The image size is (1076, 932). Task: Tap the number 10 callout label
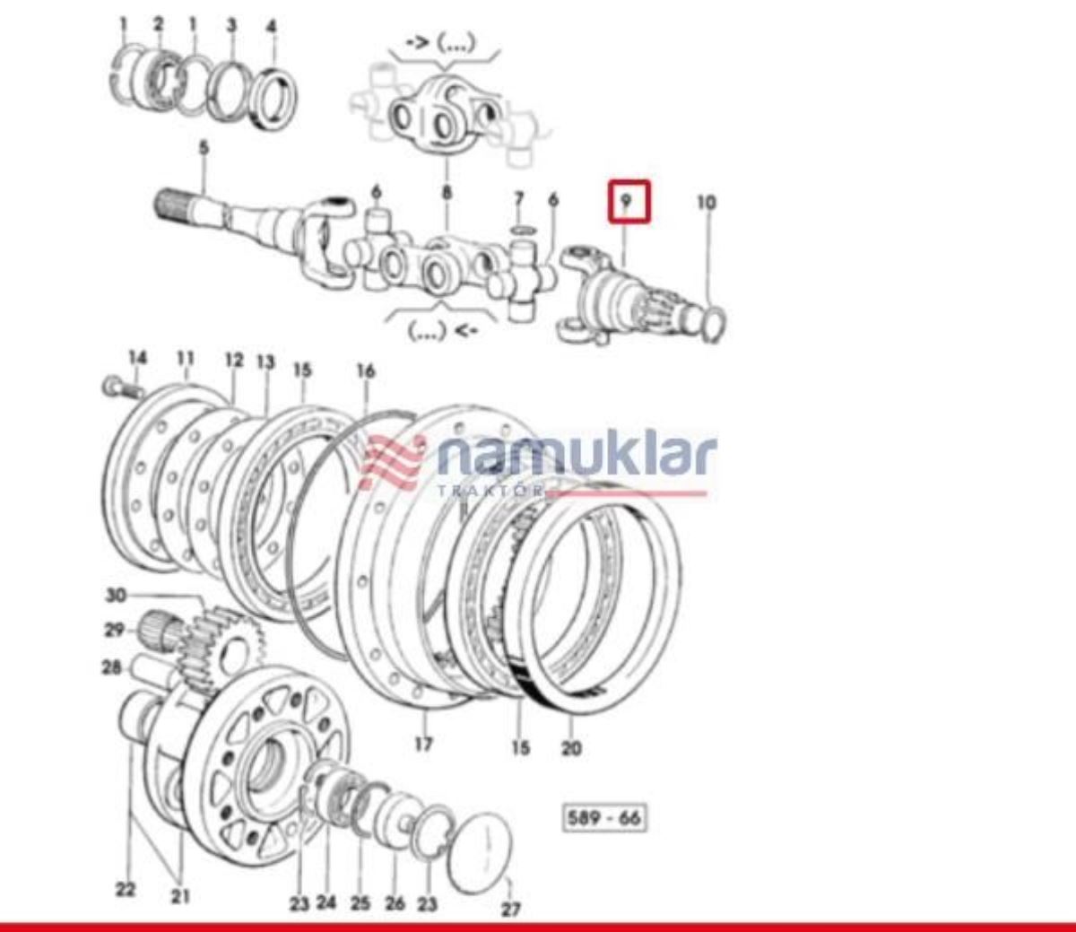tap(707, 203)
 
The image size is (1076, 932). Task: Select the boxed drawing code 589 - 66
tap(604, 818)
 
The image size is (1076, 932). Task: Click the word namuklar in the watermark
tap(577, 457)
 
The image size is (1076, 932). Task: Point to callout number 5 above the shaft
tap(204, 148)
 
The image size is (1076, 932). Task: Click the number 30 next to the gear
tap(116, 595)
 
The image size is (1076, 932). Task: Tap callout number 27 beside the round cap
tap(511, 909)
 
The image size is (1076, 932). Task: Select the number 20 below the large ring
tap(571, 749)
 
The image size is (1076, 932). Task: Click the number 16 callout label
tap(366, 371)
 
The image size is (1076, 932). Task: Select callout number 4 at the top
tap(272, 26)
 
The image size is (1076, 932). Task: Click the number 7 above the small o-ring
tap(518, 199)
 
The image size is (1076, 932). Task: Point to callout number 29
tap(115, 631)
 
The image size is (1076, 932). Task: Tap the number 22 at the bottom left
tap(126, 890)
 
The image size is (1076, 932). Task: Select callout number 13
tap(265, 361)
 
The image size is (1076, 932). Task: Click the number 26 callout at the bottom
tap(395, 903)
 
